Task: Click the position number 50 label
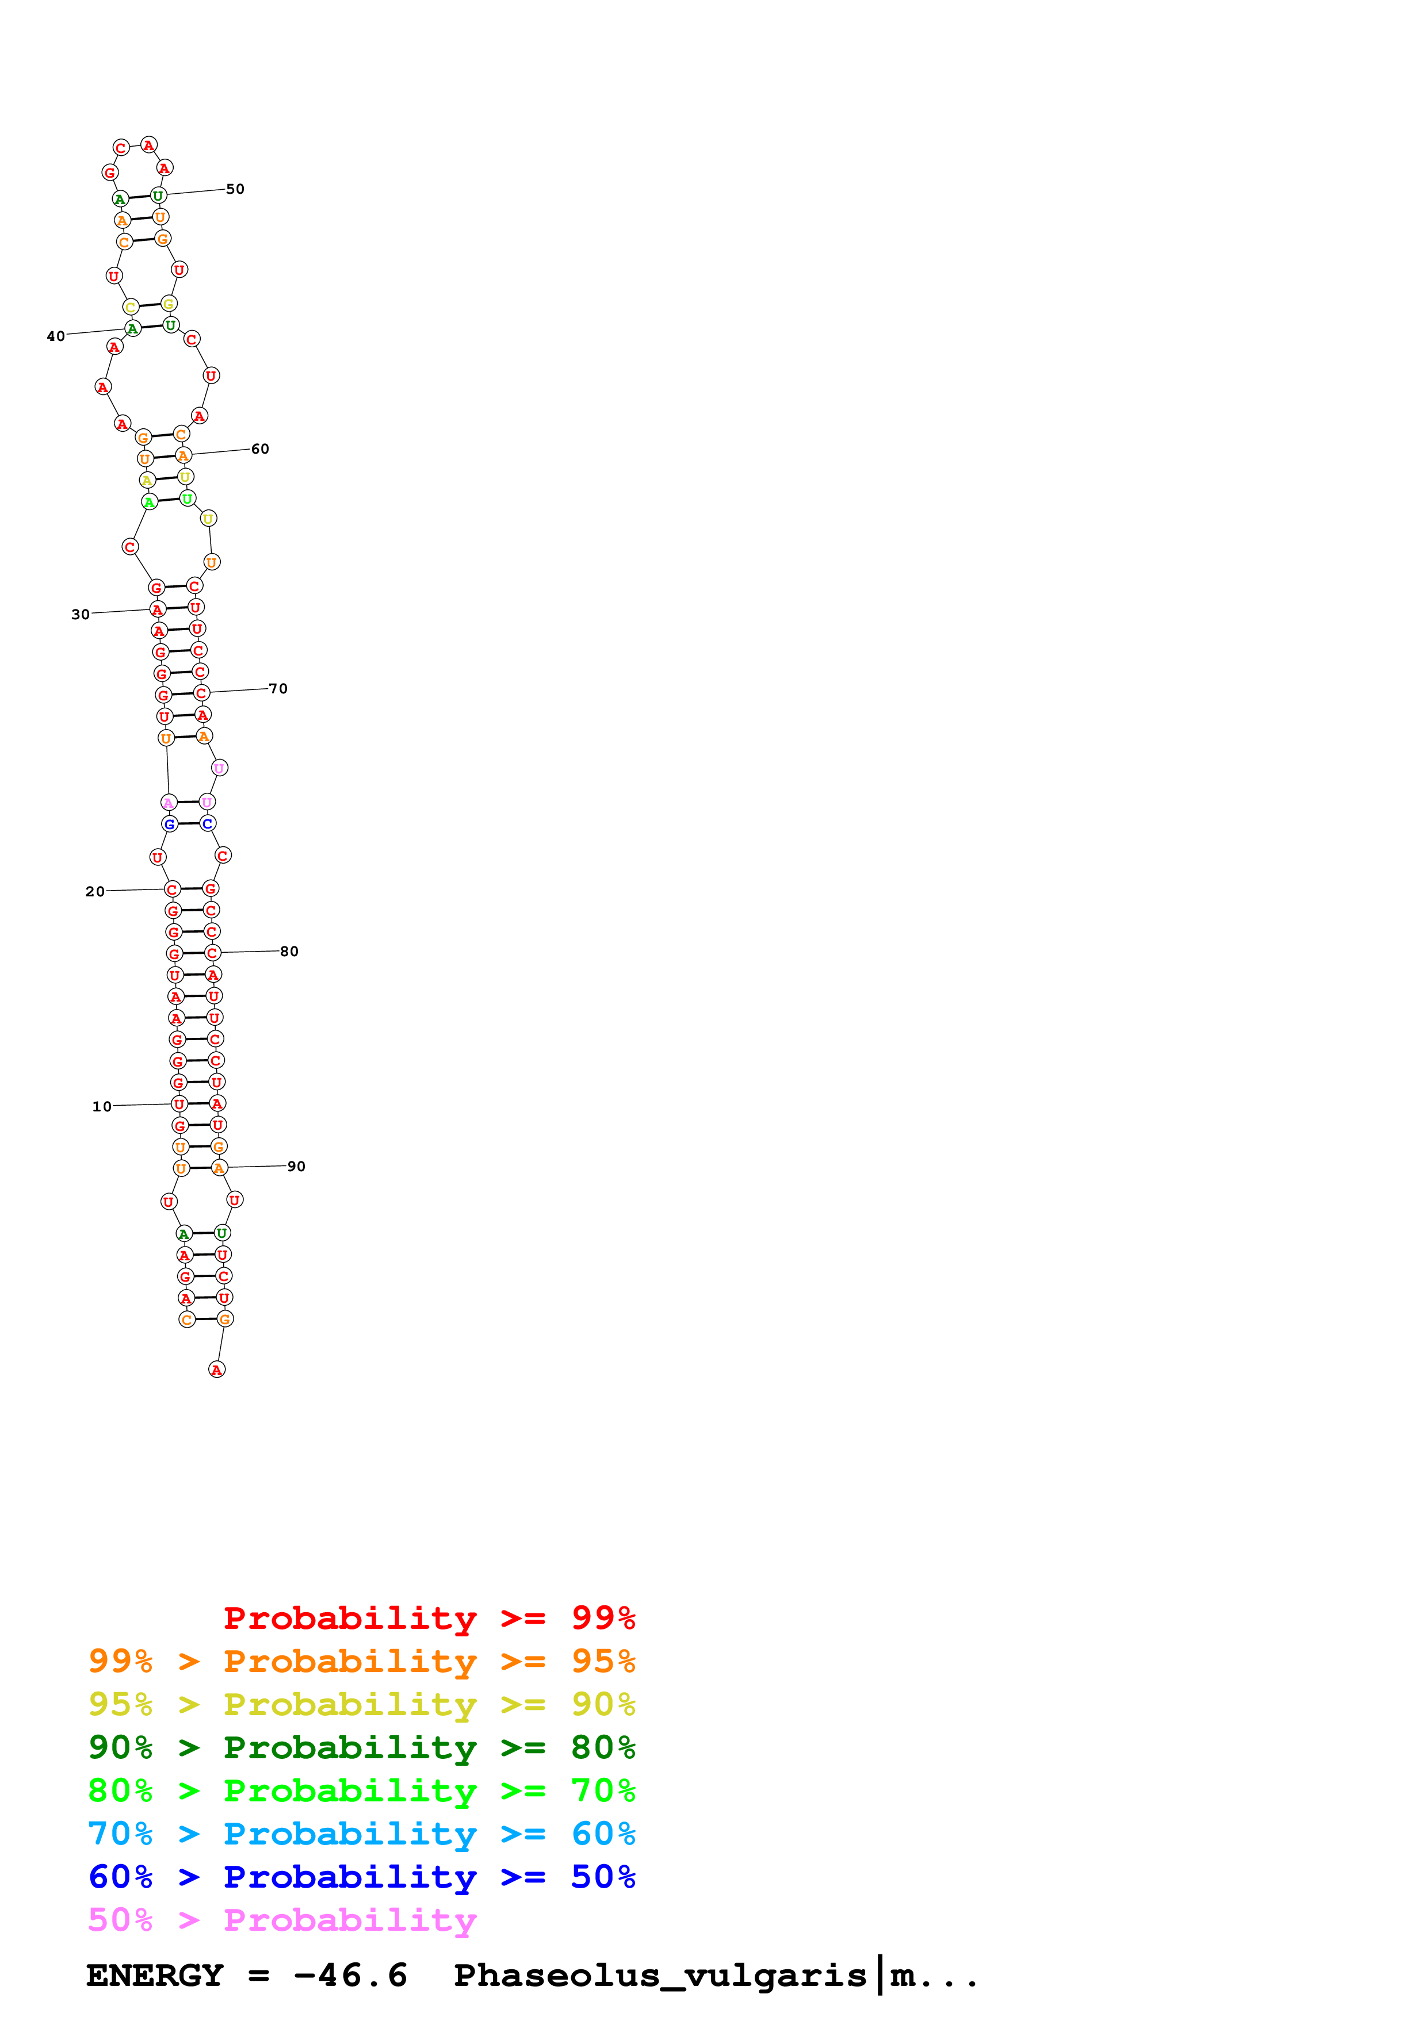click(235, 189)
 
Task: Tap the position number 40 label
click(55, 336)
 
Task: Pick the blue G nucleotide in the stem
click(170, 824)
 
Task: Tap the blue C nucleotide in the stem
click(207, 823)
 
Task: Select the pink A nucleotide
click(169, 802)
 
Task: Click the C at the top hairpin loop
click(121, 148)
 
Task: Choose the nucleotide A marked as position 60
click(183, 455)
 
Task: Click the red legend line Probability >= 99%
click(429, 1617)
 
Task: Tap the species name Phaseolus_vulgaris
click(660, 1975)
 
